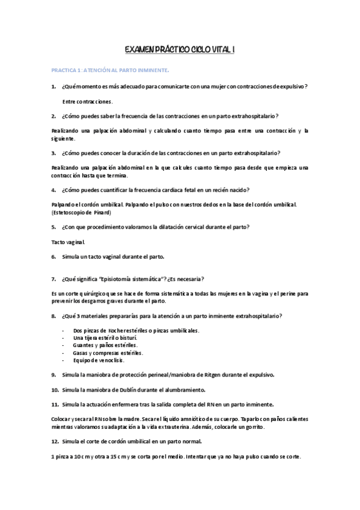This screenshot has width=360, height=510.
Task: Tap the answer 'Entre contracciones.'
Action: (87, 101)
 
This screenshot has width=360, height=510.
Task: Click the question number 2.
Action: (53, 115)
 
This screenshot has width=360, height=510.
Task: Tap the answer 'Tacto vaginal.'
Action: (69, 242)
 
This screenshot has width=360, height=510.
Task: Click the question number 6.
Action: (53, 256)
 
